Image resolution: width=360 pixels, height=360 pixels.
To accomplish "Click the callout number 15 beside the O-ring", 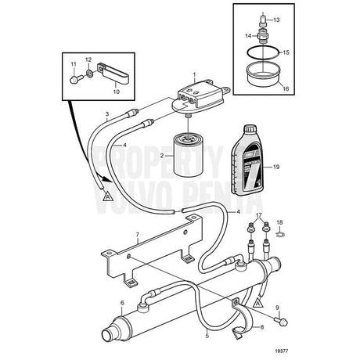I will coord(286,53).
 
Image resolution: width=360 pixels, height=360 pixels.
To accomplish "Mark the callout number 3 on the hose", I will coord(107,114).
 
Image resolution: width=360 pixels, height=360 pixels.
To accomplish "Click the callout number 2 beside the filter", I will coord(161,157).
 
